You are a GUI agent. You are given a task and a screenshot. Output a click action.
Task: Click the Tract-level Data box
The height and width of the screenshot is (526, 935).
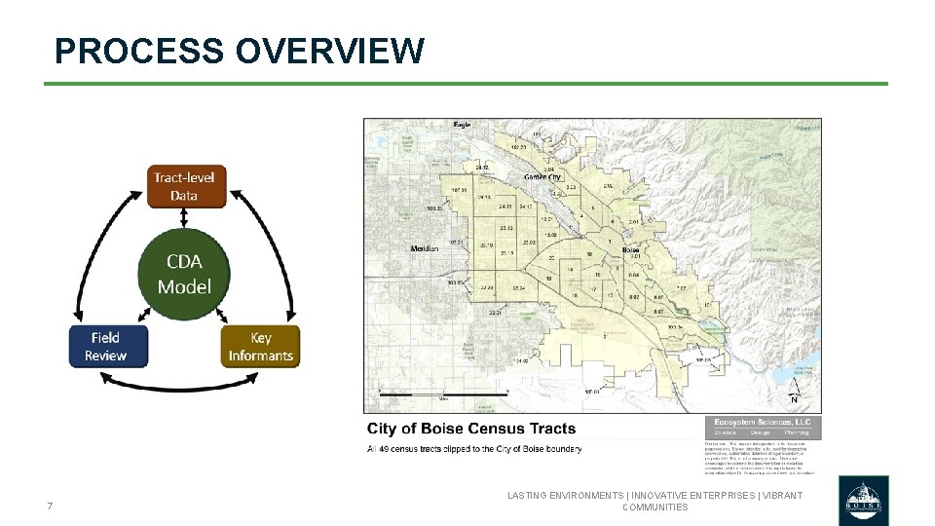click(184, 186)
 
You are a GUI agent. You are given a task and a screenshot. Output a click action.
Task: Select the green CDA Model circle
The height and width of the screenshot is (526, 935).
click(184, 274)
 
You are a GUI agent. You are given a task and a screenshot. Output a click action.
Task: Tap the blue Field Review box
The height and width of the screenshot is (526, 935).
click(107, 347)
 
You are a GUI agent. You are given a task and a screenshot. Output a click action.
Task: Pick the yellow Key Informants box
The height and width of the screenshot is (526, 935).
click(260, 347)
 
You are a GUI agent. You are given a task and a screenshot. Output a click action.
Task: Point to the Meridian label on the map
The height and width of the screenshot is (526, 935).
click(425, 248)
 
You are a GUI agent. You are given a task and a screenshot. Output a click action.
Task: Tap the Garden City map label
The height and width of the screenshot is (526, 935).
click(542, 177)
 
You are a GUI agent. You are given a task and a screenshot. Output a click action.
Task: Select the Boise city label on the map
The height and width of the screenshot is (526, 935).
click(630, 250)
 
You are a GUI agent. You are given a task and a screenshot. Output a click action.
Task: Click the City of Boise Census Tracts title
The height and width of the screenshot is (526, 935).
click(471, 429)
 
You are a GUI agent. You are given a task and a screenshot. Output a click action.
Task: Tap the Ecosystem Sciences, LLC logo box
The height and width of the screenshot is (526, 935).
click(763, 427)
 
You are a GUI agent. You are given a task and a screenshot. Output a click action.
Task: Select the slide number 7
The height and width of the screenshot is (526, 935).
click(49, 506)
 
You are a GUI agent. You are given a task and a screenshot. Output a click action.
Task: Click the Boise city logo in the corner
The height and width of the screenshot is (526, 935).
click(864, 500)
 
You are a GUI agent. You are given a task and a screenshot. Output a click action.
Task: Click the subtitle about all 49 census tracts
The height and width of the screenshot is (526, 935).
click(474, 449)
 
